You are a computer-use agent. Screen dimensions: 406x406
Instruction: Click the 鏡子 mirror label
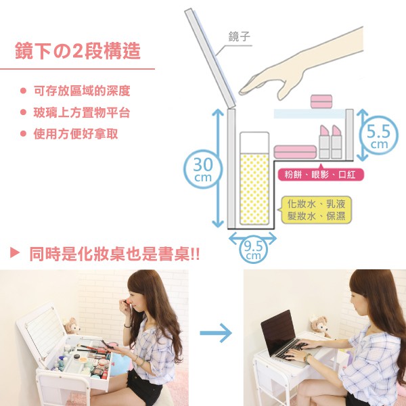pos(240,37)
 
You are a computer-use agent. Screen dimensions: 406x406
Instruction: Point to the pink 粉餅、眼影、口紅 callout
pos(321,175)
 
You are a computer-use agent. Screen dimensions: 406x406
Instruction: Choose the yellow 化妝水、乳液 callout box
pos(316,210)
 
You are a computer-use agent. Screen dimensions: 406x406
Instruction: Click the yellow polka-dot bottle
pos(254,178)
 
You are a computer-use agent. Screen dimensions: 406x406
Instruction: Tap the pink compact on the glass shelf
pos(321,101)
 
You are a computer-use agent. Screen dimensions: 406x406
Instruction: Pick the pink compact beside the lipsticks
pos(295,152)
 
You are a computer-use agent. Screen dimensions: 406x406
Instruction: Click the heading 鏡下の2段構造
pos(78,51)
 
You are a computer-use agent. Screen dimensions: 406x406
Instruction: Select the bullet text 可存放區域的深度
pos(82,91)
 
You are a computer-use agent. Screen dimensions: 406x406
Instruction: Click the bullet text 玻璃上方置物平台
pos(82,112)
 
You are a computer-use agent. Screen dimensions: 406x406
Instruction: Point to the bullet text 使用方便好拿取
pos(76,134)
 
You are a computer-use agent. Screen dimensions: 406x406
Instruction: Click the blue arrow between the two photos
pos(216,333)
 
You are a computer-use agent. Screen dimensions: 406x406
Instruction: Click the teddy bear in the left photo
pos(71,325)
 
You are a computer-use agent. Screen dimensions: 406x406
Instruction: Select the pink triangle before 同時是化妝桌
pos(15,252)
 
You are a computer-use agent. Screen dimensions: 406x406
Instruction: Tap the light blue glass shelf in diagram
pos(310,114)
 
